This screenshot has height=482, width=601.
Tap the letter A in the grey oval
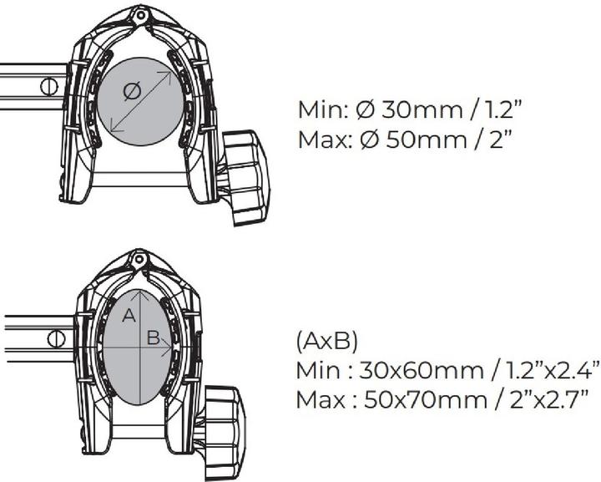(129, 316)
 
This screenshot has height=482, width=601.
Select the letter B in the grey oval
(153, 338)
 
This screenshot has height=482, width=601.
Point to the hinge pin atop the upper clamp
(140, 15)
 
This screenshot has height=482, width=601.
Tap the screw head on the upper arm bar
(49, 86)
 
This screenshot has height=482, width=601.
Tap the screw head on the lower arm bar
(56, 339)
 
